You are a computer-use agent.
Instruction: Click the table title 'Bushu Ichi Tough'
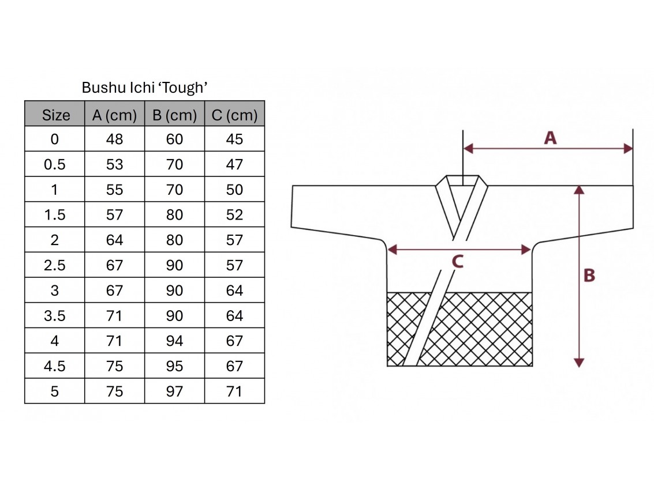point(144,88)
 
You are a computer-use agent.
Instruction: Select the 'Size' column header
point(56,115)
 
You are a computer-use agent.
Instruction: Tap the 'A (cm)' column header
point(115,115)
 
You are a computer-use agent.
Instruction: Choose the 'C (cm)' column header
point(234,115)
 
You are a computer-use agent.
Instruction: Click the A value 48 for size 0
point(114,139)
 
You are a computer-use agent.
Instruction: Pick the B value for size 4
point(174,341)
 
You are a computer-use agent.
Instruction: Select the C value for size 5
point(234,391)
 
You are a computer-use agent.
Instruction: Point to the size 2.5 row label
point(55,265)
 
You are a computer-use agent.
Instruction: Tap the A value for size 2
point(114,240)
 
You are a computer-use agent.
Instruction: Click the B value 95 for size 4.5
point(174,366)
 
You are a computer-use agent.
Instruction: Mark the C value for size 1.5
point(234,214)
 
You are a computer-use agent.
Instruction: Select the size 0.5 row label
point(55,164)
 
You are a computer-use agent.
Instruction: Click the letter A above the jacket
point(550,138)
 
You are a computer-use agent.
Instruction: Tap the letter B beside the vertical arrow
point(589,276)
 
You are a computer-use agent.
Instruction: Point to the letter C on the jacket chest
point(458,262)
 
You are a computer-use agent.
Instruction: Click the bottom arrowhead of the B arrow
point(579,363)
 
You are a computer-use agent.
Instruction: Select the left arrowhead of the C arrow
point(392,250)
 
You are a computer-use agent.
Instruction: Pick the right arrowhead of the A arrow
point(627,148)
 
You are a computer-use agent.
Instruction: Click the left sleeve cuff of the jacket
point(292,206)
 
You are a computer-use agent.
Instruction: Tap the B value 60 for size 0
point(174,139)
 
